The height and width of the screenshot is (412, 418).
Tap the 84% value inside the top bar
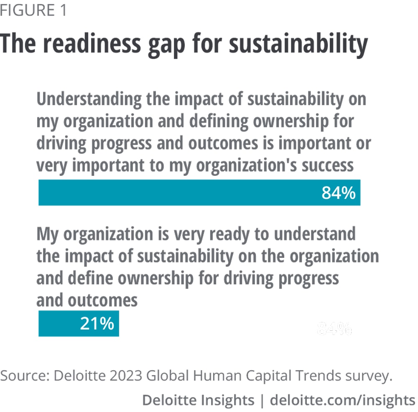pyautogui.click(x=338, y=193)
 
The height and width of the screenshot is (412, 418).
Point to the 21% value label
pyautogui.click(x=97, y=323)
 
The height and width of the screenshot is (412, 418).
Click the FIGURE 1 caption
pyautogui.click(x=33, y=10)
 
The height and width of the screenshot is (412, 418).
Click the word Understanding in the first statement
pyautogui.click(x=83, y=100)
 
